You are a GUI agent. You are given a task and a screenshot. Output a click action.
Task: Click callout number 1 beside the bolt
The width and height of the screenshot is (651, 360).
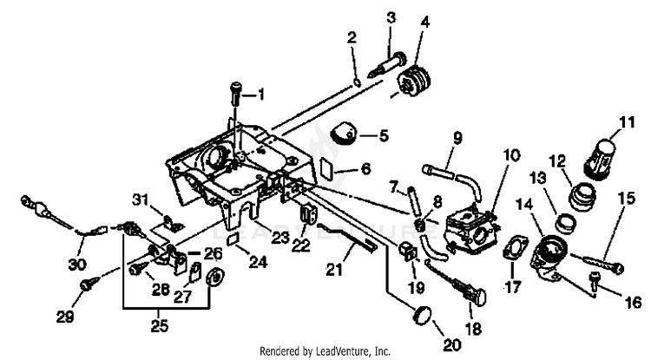coord(258,93)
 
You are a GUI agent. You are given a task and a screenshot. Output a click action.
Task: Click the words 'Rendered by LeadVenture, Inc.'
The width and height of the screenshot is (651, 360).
coord(325,350)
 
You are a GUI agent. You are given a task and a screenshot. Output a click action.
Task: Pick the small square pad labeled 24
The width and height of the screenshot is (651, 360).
coord(233,239)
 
